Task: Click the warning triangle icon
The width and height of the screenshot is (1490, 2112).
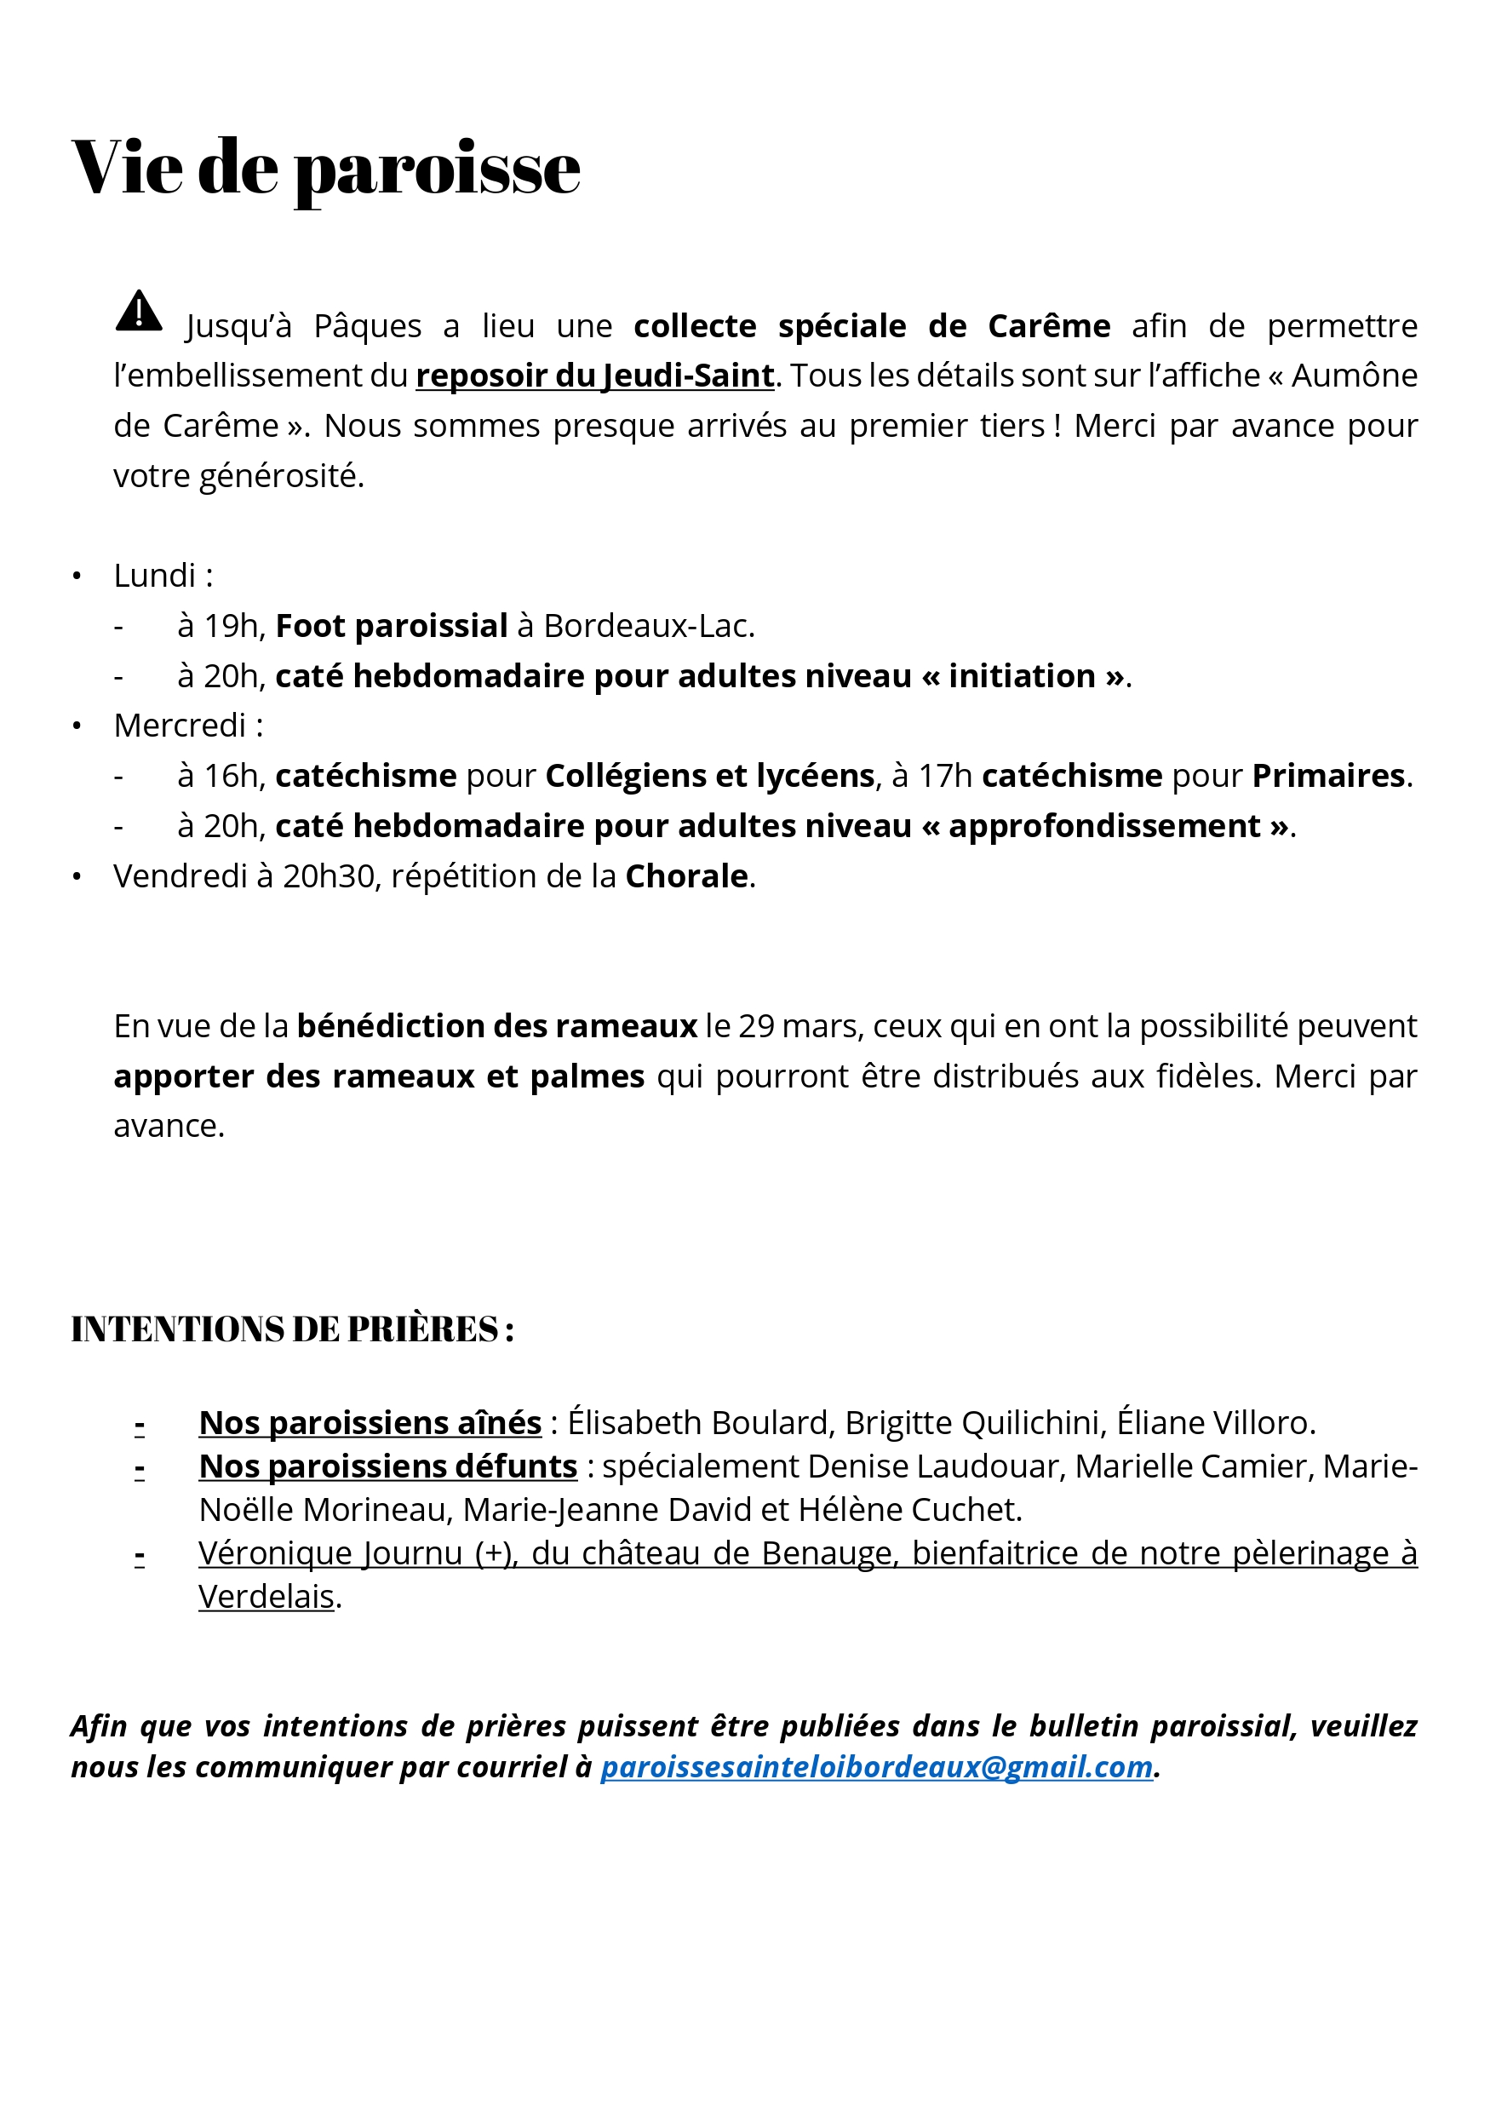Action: point(139,311)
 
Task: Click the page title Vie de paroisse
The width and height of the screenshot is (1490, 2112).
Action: point(325,169)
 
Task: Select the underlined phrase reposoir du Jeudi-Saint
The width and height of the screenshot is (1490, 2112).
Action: point(594,376)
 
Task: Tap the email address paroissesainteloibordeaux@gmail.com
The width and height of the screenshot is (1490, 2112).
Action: point(875,1766)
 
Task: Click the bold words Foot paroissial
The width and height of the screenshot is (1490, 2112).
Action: point(391,627)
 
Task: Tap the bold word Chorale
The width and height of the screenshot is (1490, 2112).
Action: point(686,876)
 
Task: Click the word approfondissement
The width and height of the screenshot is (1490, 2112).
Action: point(1103,826)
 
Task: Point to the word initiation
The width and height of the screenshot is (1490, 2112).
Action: point(1022,676)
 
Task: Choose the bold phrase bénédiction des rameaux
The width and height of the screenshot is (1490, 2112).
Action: point(496,1025)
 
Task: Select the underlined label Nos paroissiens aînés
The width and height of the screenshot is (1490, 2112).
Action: point(370,1423)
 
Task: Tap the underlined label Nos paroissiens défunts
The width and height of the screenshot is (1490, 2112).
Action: point(387,1466)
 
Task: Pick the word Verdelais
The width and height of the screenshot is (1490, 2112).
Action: point(266,1597)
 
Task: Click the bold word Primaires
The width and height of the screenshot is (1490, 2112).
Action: point(1328,777)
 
